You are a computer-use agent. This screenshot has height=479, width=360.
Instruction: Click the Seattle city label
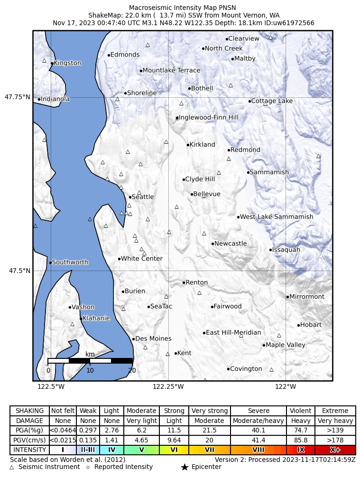(x=142, y=197)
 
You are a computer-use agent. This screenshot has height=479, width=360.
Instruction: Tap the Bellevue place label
(x=206, y=194)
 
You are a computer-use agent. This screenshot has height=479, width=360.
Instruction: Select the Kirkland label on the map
(x=202, y=145)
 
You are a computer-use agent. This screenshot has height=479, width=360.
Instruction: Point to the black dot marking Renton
(x=184, y=282)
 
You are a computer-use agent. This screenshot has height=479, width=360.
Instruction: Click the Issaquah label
(x=286, y=250)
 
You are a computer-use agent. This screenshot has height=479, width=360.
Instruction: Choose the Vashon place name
(x=83, y=307)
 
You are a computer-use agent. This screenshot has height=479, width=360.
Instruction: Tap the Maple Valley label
(x=285, y=345)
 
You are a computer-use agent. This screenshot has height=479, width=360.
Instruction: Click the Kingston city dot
(x=52, y=63)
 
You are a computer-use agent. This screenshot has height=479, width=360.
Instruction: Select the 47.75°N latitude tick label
(x=18, y=97)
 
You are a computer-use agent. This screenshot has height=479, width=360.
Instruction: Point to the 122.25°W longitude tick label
(x=168, y=386)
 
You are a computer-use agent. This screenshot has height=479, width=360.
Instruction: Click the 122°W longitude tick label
(x=286, y=386)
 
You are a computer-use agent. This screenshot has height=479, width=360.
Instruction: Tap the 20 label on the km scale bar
(x=132, y=370)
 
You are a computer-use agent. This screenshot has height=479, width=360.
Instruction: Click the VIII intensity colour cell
(x=258, y=450)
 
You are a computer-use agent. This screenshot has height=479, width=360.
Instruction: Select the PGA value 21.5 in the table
(x=209, y=430)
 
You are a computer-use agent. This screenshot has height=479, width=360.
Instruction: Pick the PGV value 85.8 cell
(x=300, y=440)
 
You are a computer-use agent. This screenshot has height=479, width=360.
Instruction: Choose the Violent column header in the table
(x=300, y=411)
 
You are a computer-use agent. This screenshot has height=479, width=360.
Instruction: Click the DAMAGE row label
(x=29, y=421)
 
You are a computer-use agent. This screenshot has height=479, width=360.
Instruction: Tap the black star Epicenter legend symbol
(x=185, y=467)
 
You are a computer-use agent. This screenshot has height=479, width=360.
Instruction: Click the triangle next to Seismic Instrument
(x=12, y=467)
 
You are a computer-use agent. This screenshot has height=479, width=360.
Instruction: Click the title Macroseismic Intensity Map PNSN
(x=183, y=8)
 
